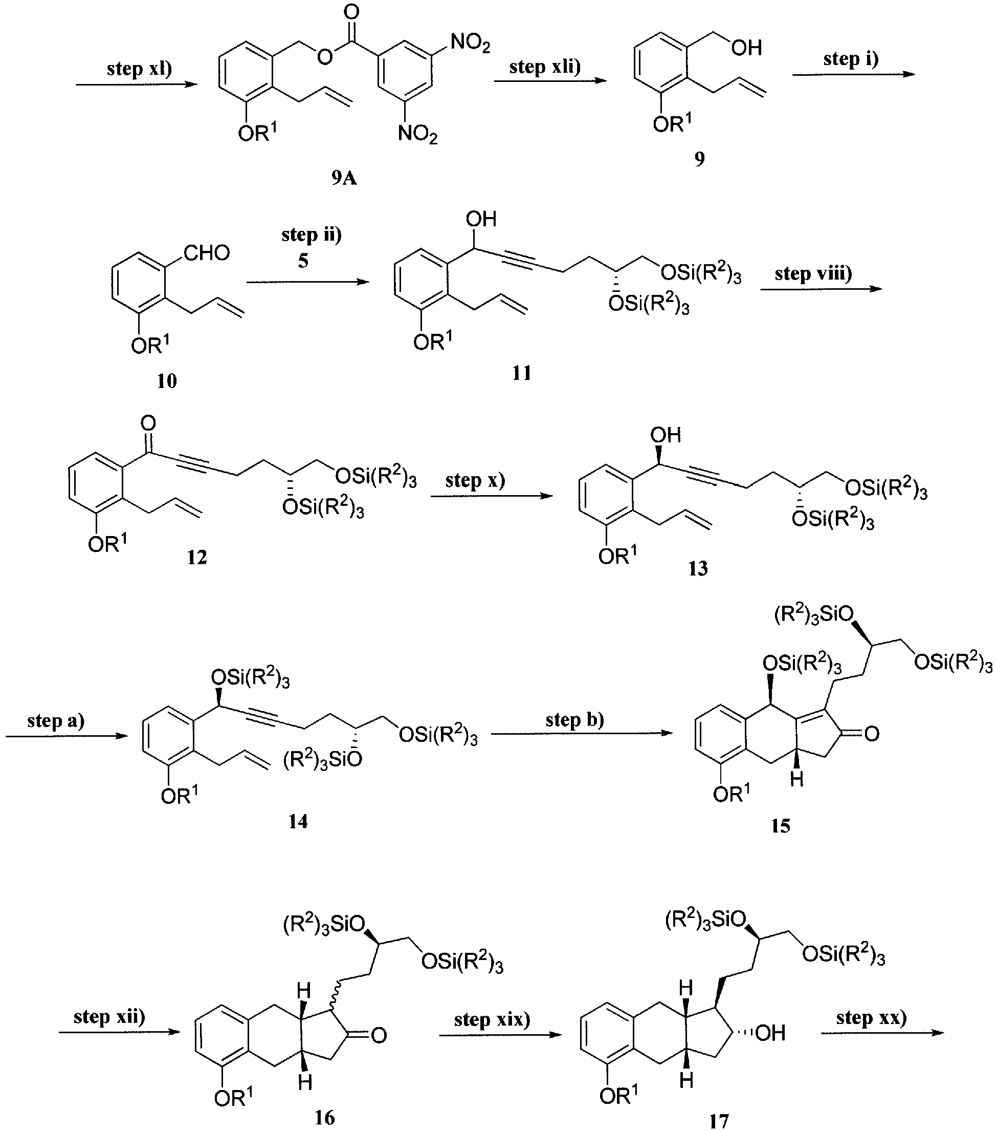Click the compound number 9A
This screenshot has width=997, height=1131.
pyautogui.click(x=344, y=178)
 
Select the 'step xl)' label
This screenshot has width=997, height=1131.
pyautogui.click(x=139, y=68)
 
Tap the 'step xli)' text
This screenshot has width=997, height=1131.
pyautogui.click(x=545, y=67)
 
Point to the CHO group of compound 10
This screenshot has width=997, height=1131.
pyautogui.click(x=206, y=253)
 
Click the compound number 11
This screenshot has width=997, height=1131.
pyautogui.click(x=521, y=373)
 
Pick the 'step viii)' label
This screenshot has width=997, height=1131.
pyautogui.click(x=813, y=273)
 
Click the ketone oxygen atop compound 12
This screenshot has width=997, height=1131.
pyautogui.click(x=148, y=424)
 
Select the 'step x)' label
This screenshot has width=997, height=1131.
pyautogui.click(x=476, y=480)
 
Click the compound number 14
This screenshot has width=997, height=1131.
pyautogui.click(x=298, y=821)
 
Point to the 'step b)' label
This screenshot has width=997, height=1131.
pyautogui.click(x=575, y=719)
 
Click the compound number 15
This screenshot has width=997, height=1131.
pyautogui.click(x=781, y=826)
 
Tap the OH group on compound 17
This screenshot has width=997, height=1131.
pyautogui.click(x=770, y=1033)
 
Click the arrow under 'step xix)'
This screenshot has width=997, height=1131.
pyautogui.click(x=500, y=1033)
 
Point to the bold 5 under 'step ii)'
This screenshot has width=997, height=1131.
pyautogui.click(x=303, y=261)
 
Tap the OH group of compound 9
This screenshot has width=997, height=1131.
pyautogui.click(x=746, y=48)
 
